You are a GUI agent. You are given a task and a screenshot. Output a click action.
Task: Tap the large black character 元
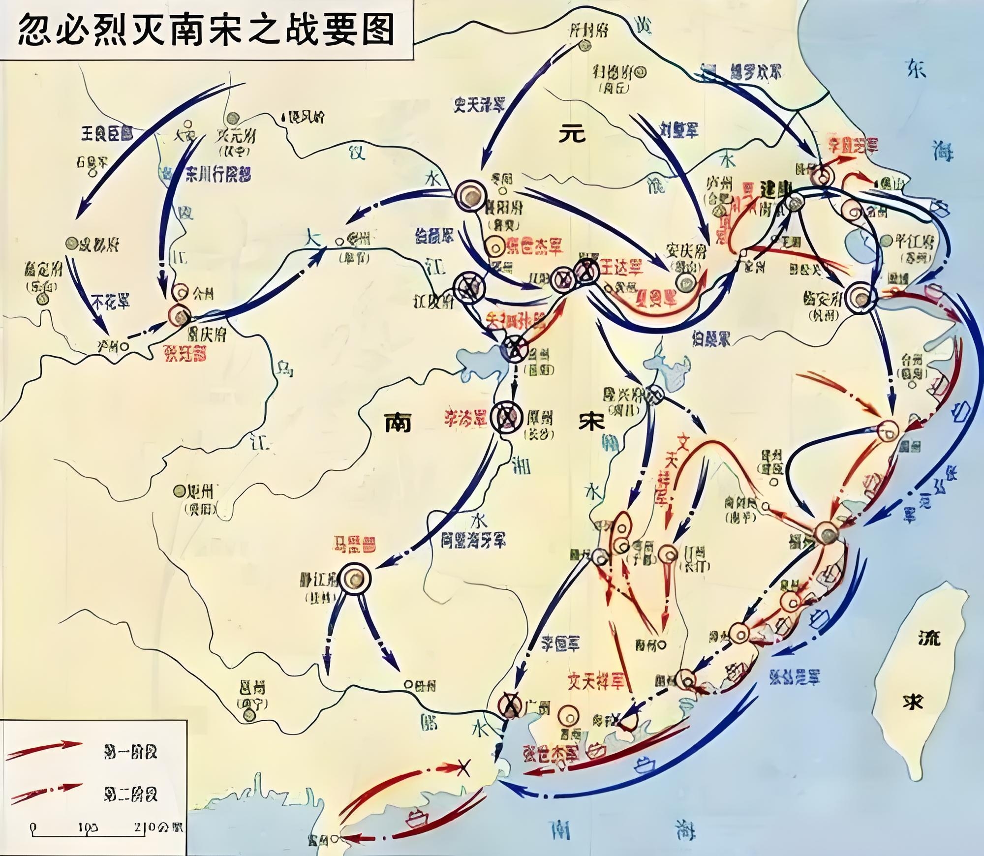tap(572, 133)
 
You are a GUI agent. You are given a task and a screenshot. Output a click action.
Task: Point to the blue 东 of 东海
tap(917, 69)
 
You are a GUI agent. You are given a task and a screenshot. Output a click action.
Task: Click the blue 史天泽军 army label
tap(480, 104)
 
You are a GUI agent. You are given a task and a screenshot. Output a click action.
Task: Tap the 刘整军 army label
tap(679, 130)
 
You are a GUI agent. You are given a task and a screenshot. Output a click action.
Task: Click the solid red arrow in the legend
tap(44, 750)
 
